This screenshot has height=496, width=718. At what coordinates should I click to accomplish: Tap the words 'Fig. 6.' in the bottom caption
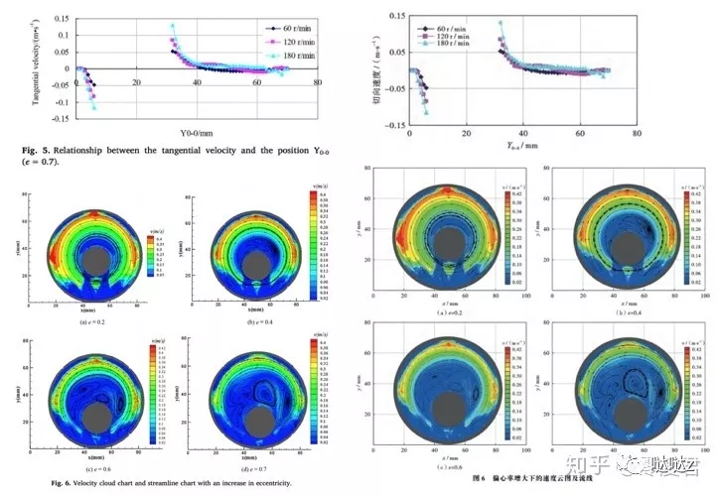[38, 482]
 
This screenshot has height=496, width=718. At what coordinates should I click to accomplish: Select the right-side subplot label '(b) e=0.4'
[606, 312]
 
